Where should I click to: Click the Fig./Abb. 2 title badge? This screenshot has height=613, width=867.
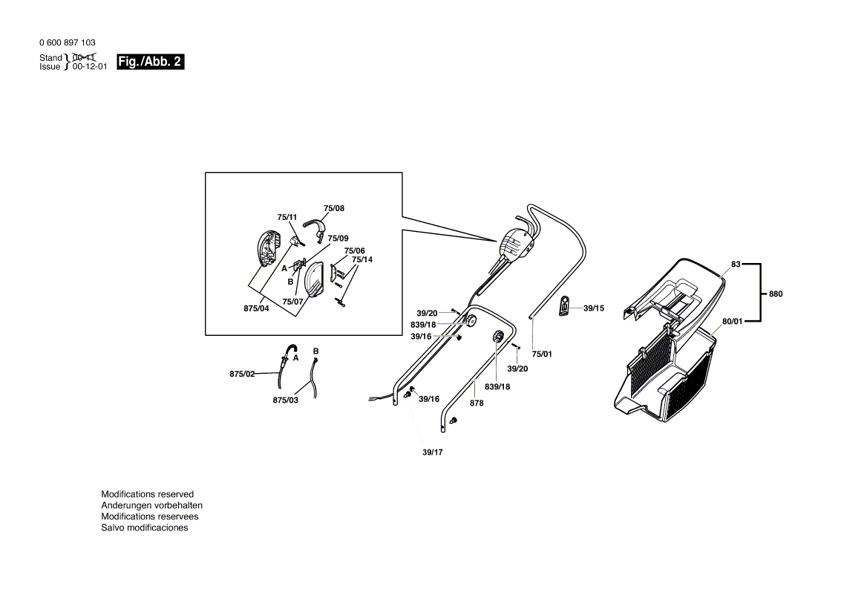click(x=150, y=62)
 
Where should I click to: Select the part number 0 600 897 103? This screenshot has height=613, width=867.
click(x=68, y=43)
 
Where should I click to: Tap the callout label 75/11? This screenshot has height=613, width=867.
click(x=287, y=218)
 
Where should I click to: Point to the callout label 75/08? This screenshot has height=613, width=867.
click(x=334, y=209)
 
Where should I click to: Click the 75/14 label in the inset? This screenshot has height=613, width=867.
click(x=362, y=259)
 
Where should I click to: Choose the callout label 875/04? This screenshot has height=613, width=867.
click(x=256, y=308)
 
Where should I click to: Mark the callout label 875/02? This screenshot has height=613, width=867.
click(x=242, y=374)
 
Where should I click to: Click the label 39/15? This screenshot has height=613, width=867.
click(x=594, y=308)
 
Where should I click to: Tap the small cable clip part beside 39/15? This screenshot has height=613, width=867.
click(x=564, y=305)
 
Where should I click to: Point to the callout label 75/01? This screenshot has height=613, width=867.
click(x=542, y=354)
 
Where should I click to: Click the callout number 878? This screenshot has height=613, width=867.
click(x=477, y=403)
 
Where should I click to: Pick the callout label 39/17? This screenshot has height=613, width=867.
click(x=432, y=452)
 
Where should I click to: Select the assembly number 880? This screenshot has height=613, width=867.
click(x=775, y=293)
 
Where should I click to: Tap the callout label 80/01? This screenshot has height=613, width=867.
click(x=732, y=322)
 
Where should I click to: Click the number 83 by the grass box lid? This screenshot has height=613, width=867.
click(x=736, y=264)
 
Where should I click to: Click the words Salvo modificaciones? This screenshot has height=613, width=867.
click(x=145, y=528)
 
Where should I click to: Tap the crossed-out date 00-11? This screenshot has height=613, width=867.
click(x=84, y=57)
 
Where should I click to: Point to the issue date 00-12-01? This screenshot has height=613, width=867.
click(x=90, y=66)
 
